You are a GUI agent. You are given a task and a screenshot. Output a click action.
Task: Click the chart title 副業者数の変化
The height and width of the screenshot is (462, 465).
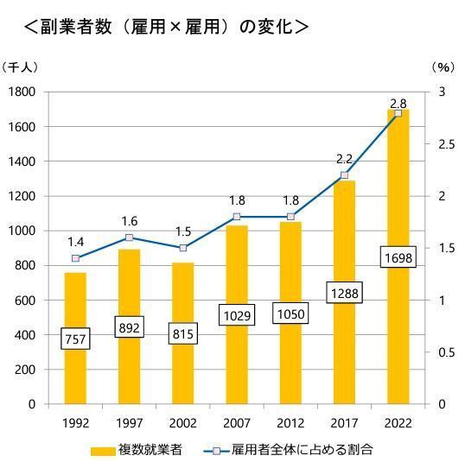(x=164, y=26)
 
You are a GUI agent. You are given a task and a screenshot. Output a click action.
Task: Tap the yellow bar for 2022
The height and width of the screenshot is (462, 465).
(x=398, y=345)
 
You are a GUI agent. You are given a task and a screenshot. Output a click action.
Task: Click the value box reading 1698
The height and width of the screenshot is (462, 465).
(x=398, y=257)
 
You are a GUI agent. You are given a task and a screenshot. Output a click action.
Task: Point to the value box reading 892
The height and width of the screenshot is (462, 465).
(x=129, y=327)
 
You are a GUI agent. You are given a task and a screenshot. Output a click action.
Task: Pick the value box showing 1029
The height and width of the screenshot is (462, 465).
(x=236, y=315)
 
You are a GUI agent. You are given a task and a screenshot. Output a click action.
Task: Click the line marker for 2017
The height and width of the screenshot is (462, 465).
(x=344, y=175)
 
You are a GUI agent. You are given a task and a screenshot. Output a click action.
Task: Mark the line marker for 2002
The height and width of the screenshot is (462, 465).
(x=182, y=248)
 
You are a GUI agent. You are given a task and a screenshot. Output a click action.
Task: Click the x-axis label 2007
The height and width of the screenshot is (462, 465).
(x=236, y=423)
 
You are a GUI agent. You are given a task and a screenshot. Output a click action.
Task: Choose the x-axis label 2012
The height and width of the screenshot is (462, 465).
(x=290, y=423)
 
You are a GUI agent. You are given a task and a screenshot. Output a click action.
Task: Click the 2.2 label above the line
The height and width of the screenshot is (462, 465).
(x=344, y=160)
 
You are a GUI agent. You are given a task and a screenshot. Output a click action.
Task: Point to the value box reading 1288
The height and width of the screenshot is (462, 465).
(x=344, y=294)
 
